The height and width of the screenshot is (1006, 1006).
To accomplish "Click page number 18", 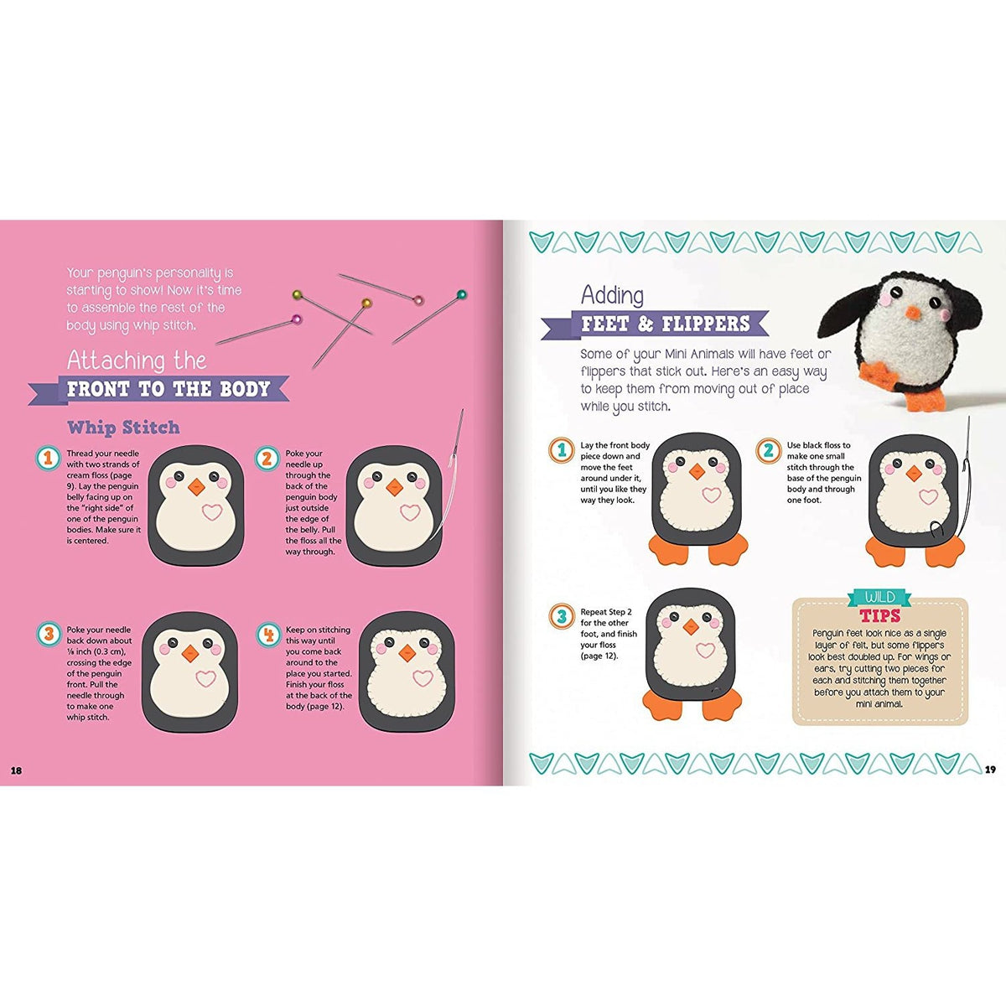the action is [17, 770].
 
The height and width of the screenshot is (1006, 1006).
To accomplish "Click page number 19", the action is [990, 769].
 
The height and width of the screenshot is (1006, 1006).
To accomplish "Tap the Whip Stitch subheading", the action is [123, 428].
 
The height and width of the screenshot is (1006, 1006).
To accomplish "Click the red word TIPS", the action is [880, 615].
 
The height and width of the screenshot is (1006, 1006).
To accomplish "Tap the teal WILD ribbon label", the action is [880, 597].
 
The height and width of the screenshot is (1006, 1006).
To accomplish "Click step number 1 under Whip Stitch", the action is [49, 458].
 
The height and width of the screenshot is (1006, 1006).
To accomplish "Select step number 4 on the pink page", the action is [268, 635].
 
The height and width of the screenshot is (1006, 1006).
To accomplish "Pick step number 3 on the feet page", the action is [562, 616].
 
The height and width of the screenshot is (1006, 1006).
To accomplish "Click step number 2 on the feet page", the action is [769, 450].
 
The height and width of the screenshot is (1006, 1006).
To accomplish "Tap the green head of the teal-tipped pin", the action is [461, 295].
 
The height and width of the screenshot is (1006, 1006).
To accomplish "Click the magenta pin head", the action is [298, 319].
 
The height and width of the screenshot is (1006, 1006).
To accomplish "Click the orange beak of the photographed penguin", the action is [913, 312].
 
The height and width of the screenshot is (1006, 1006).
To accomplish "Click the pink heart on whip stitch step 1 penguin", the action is [212, 512].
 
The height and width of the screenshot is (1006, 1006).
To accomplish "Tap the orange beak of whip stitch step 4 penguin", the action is [407, 652].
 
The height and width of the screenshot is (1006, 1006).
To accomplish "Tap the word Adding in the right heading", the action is [612, 295].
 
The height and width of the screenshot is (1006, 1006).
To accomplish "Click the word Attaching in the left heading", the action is [116, 360].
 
